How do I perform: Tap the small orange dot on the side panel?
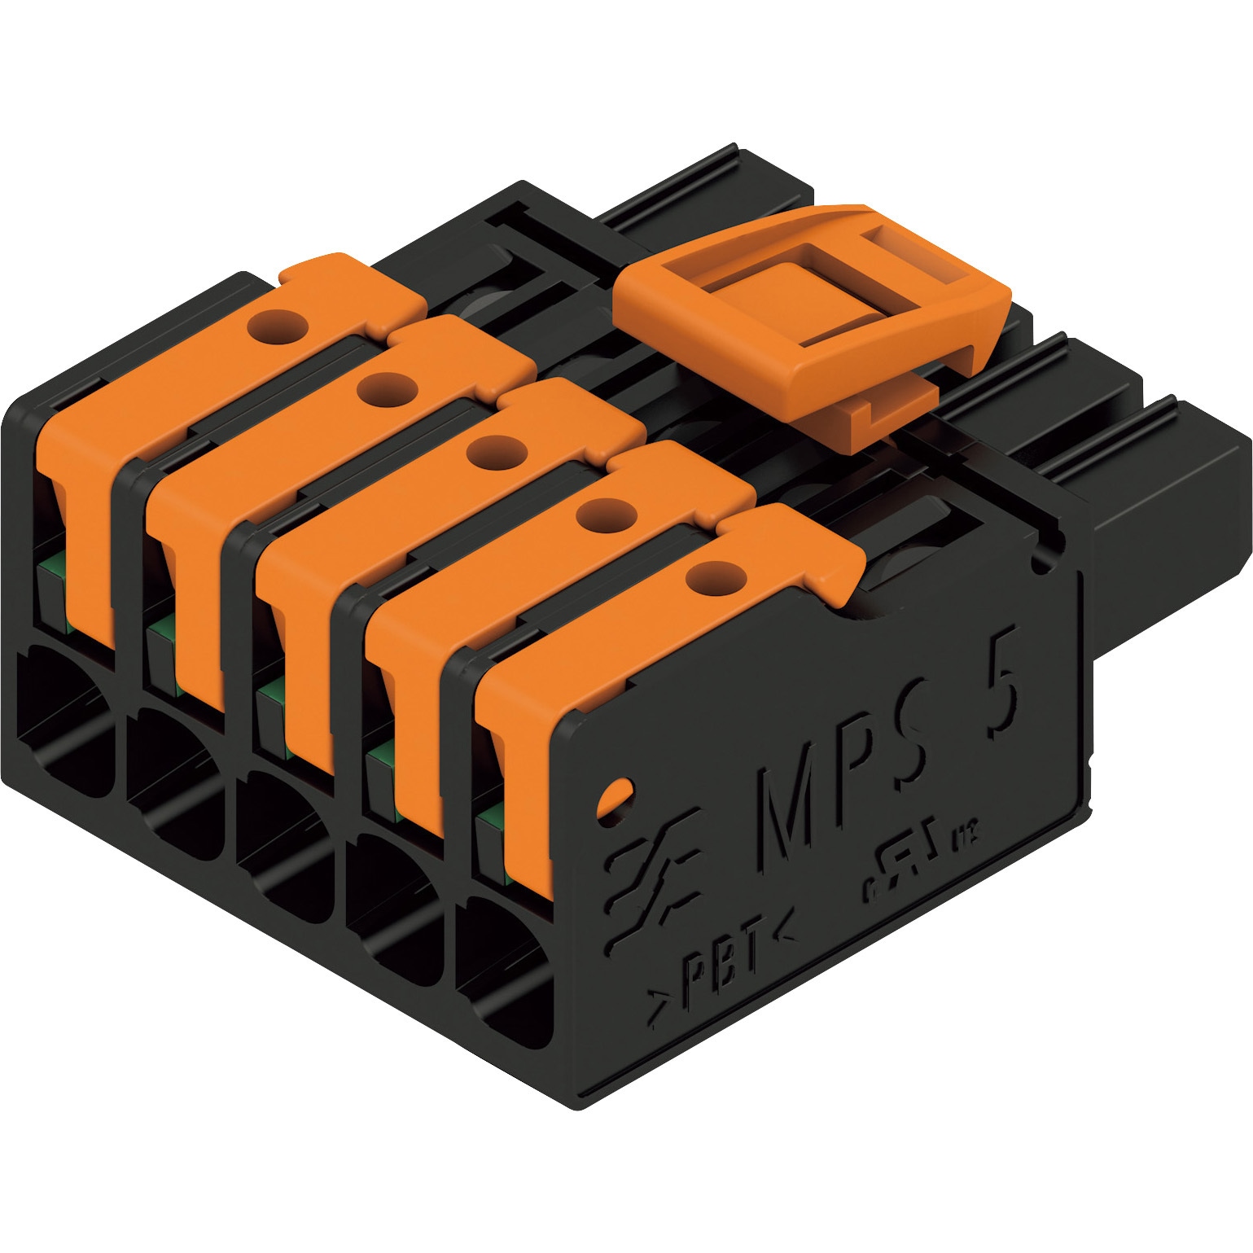point(615,796)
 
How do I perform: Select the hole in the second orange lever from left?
point(387,388)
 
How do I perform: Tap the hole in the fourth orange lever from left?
point(604,515)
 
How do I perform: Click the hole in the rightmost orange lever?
point(715,577)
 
